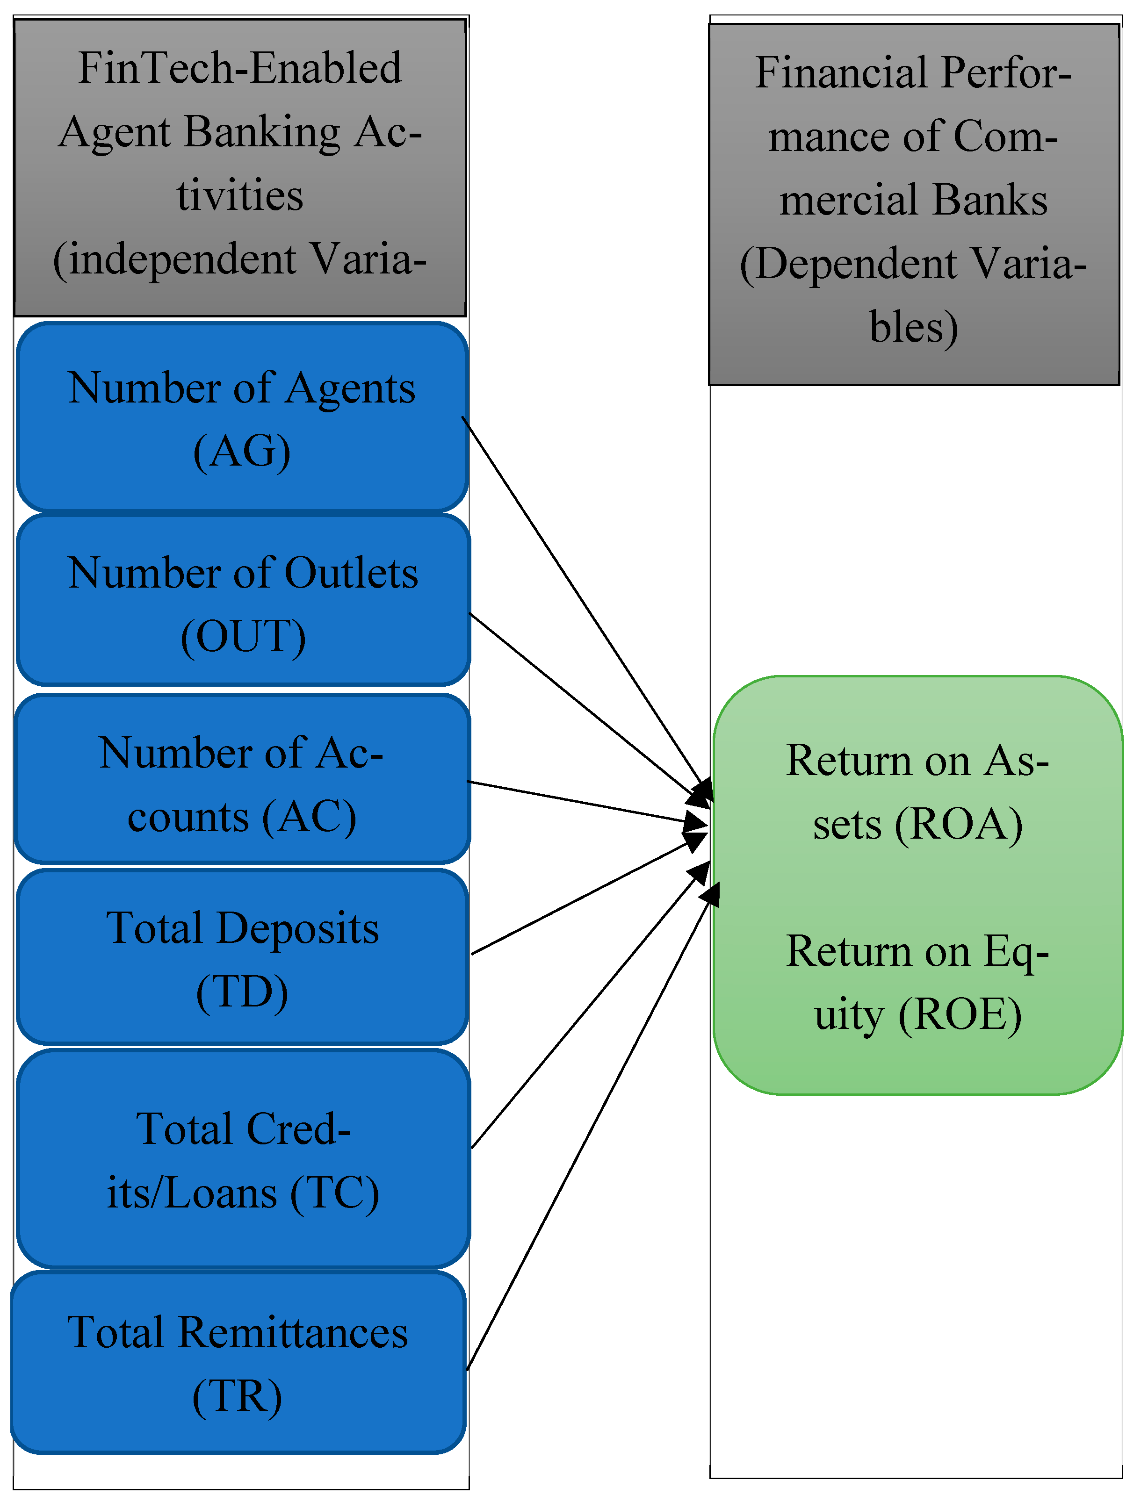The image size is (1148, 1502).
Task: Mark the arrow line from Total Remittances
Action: [588, 1134]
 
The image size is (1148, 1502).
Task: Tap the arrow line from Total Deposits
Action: [581, 898]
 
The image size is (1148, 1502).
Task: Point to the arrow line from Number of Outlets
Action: [581, 704]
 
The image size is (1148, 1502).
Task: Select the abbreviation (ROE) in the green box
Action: [960, 1015]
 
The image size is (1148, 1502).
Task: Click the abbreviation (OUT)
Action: [243, 637]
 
